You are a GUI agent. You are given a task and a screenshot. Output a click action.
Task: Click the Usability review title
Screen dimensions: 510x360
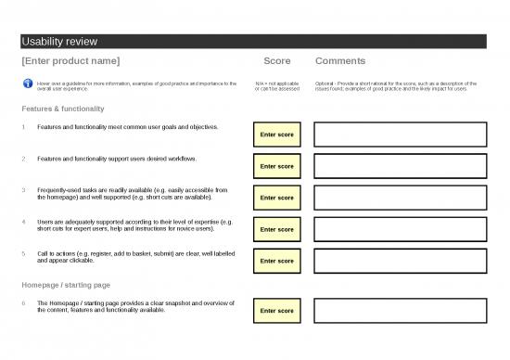tap(59, 42)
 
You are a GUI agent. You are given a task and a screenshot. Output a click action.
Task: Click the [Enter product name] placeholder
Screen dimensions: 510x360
tap(70, 61)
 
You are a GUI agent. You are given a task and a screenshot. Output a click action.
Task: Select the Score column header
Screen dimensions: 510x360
tap(276, 61)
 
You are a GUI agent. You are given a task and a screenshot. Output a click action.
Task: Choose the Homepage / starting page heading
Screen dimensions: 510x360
tap(65, 284)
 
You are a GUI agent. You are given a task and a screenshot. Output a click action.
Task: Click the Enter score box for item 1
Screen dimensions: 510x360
tap(277, 135)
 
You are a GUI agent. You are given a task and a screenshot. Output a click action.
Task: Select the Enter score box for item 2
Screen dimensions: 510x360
tap(277, 166)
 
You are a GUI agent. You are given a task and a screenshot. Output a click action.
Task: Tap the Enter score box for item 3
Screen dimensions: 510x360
tap(277, 198)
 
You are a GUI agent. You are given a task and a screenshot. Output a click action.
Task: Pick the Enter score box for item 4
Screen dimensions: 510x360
tap(277, 229)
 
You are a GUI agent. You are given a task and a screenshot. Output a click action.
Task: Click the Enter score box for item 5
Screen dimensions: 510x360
tap(277, 261)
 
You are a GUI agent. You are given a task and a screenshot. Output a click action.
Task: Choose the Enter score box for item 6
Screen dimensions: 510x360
tap(277, 311)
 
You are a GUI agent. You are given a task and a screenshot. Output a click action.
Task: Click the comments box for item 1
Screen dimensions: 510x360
tap(400, 135)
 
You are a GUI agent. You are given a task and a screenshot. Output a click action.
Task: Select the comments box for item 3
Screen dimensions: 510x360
tap(400, 198)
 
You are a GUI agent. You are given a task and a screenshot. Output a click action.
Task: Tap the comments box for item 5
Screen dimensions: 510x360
tap(400, 261)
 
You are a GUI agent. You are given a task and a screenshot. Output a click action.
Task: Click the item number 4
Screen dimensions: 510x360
tap(23, 222)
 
